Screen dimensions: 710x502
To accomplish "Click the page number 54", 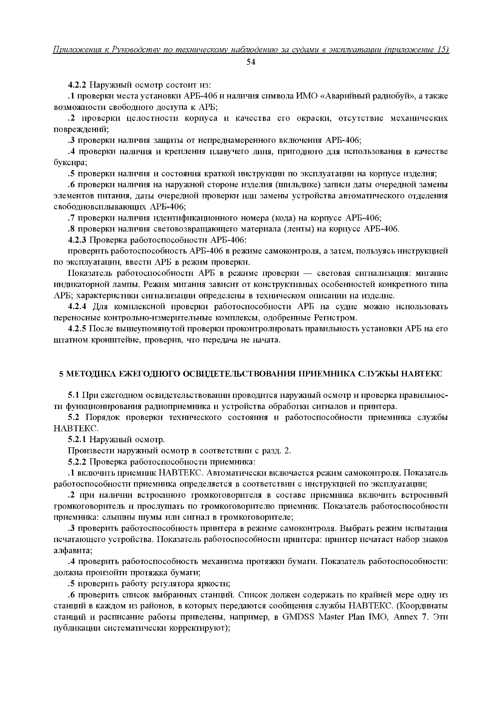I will [x=251, y=62].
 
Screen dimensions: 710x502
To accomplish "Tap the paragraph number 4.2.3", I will [x=78, y=240].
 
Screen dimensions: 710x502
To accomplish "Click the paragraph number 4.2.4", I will [x=78, y=307].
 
